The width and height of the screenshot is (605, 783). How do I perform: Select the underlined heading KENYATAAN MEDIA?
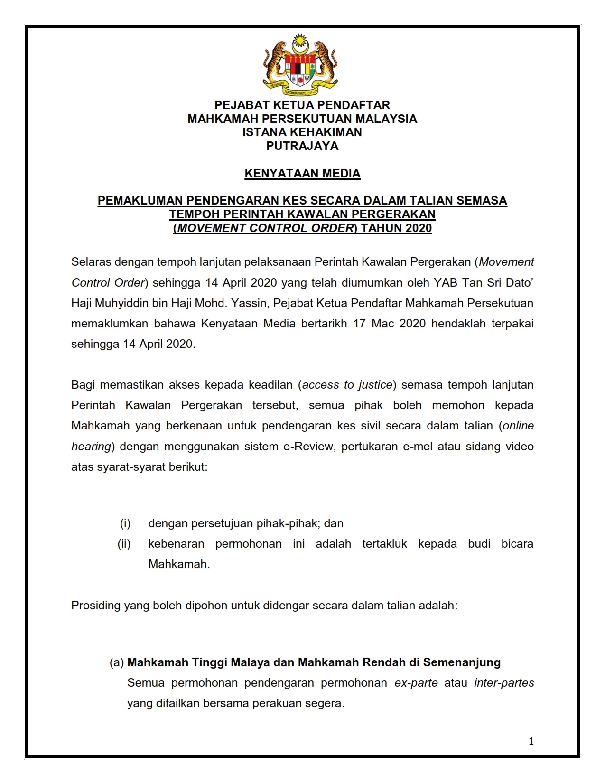click(302, 174)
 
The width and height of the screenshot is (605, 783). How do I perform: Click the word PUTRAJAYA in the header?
click(302, 146)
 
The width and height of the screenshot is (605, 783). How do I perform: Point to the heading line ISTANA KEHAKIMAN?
click(302, 132)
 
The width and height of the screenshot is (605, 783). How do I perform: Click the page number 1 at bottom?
click(531, 741)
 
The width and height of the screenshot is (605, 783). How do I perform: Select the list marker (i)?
click(125, 523)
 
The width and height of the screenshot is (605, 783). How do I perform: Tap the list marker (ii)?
click(124, 544)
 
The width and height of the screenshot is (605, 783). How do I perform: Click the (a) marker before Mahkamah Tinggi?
click(117, 662)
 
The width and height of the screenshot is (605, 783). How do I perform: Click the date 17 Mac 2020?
click(382, 324)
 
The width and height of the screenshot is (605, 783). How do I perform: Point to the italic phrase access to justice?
click(347, 385)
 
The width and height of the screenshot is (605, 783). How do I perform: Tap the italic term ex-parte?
click(416, 683)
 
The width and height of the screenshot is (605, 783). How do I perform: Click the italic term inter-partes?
click(504, 683)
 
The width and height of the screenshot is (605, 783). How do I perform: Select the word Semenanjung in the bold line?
click(462, 662)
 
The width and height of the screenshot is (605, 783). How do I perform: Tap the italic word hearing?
click(91, 447)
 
